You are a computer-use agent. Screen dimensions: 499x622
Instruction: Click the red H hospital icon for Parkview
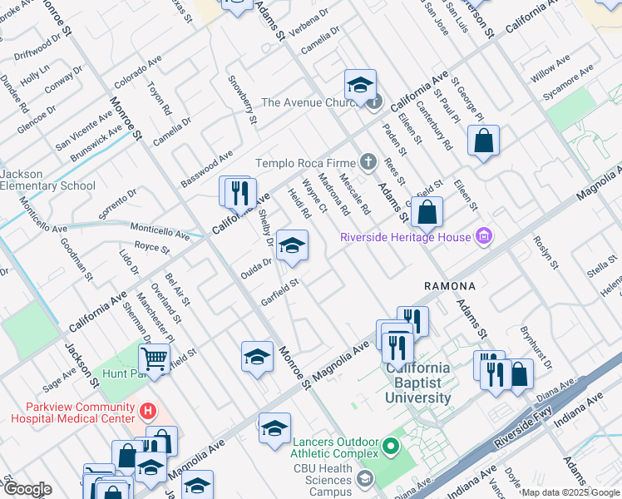pos(148,410)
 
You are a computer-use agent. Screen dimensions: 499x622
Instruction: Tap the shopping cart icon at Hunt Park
pos(154,359)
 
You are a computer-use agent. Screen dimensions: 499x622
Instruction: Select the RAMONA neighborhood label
pos(449,285)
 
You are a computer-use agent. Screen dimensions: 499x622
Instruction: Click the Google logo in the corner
pos(27,489)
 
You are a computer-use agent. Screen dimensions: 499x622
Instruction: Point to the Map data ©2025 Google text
pos(570,492)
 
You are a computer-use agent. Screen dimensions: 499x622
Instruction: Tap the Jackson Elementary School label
pos(47,180)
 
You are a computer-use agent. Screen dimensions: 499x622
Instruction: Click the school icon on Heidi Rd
pos(292,246)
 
